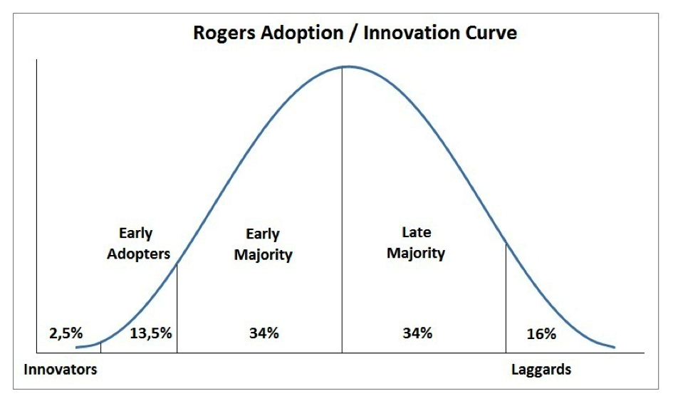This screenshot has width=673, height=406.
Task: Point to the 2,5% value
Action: click(x=66, y=333)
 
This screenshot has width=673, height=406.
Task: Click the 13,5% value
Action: click(x=151, y=333)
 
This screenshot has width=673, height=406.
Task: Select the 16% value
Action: click(x=541, y=334)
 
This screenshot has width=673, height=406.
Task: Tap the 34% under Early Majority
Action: click(x=264, y=333)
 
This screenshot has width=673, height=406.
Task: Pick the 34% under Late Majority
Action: click(x=417, y=333)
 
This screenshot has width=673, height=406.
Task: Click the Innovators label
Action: click(x=60, y=370)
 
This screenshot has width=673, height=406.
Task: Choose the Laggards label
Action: click(x=541, y=370)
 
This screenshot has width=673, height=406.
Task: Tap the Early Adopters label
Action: click(x=138, y=244)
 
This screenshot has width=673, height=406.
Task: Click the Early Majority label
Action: click(x=263, y=244)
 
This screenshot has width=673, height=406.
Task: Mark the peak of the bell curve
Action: click(x=343, y=66)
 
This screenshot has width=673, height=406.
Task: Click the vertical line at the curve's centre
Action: click(x=343, y=214)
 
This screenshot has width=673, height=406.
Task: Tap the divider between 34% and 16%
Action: click(x=506, y=299)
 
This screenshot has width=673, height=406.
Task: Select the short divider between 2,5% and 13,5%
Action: click(x=100, y=348)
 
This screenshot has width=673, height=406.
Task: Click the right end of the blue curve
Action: click(x=614, y=348)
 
